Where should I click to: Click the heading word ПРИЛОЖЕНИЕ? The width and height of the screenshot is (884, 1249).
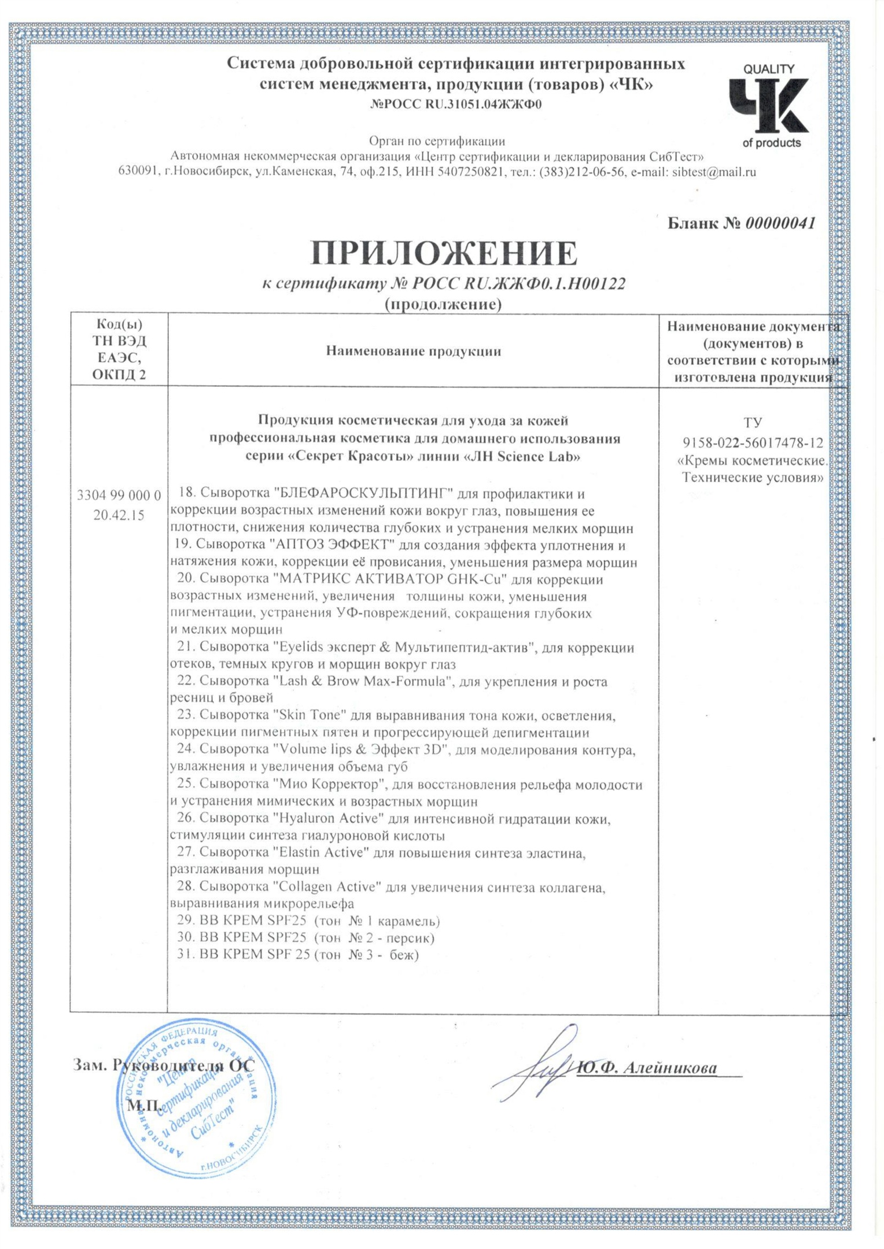click(x=444, y=253)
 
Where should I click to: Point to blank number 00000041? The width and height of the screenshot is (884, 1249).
click(x=780, y=223)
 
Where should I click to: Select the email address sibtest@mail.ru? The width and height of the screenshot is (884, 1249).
click(x=713, y=172)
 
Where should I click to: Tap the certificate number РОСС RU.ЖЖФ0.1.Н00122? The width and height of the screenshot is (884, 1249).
click(x=518, y=283)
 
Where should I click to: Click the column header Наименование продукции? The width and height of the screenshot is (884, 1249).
click(x=413, y=351)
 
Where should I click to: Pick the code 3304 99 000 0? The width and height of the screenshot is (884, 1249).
click(x=119, y=495)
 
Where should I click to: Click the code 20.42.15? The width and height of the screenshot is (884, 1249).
click(x=119, y=515)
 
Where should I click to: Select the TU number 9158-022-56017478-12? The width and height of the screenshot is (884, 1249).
click(x=753, y=444)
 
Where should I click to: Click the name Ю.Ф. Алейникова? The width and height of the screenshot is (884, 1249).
click(x=647, y=1069)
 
